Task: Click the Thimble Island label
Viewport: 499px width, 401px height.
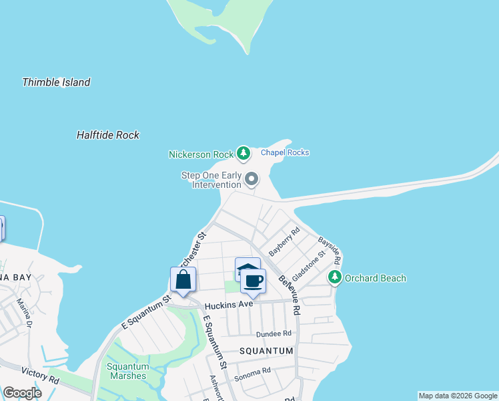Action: click(56, 83)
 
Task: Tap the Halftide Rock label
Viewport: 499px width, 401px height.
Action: click(107, 135)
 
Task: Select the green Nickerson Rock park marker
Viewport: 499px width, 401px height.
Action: click(243, 154)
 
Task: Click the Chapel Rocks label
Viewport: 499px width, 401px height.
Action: click(285, 152)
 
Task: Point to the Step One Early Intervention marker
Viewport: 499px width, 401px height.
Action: click(252, 179)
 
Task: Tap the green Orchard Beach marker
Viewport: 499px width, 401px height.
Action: click(334, 277)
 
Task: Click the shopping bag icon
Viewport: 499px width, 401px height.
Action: click(183, 280)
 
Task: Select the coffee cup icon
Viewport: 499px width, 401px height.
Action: click(253, 281)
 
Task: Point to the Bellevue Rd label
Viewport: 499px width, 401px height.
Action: click(290, 295)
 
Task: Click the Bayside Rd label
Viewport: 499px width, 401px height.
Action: click(330, 249)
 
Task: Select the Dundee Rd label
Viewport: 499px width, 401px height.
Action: click(274, 333)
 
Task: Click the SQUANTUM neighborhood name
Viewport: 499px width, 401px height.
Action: click(266, 351)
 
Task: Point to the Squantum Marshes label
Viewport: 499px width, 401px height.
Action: click(127, 371)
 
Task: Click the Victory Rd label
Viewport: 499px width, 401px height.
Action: click(40, 375)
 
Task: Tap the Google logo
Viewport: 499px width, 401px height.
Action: click(23, 393)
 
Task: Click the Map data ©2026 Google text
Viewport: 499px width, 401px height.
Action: click(457, 396)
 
